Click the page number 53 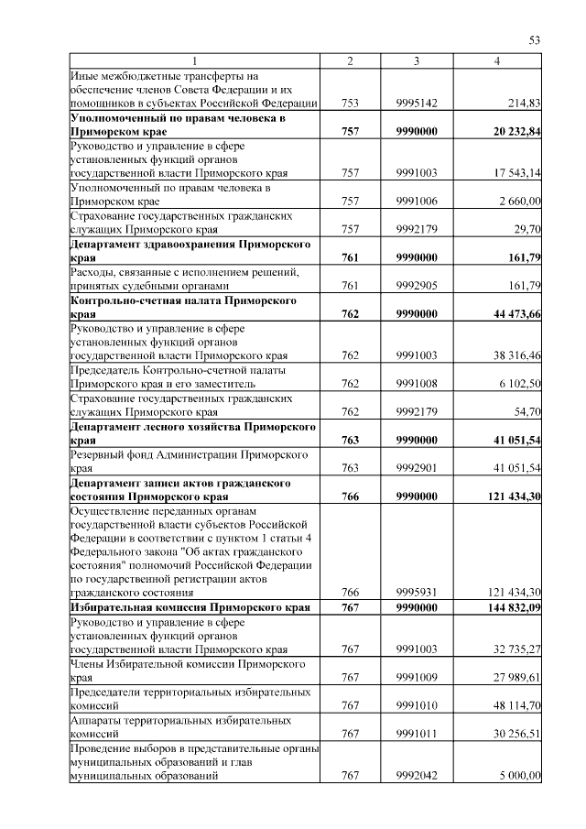(x=536, y=39)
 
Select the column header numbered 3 (x=416, y=60)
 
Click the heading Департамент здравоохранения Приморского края (x=190, y=252)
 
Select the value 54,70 (x=526, y=412)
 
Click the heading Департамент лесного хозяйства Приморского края (x=193, y=433)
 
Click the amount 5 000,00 (x=518, y=776)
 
